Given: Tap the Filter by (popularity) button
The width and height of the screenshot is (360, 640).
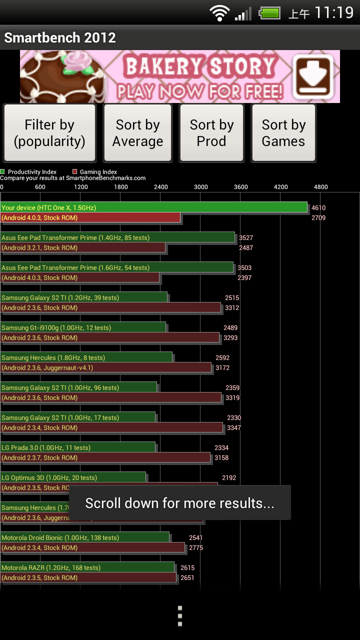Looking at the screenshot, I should click(49, 133).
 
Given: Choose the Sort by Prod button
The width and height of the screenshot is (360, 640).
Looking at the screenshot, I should click(211, 133).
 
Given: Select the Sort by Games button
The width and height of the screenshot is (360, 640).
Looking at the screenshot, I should click(283, 133).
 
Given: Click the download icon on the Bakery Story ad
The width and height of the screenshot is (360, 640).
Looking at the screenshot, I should click(313, 76).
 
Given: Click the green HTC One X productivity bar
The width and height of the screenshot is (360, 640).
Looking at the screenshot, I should click(154, 207).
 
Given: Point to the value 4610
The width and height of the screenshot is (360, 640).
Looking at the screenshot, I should click(318, 207).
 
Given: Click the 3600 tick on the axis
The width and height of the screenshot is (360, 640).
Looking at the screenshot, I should click(240, 187).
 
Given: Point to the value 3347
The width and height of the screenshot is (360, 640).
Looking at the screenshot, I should click(233, 427).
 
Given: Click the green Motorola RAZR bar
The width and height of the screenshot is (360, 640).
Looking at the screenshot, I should click(87, 567).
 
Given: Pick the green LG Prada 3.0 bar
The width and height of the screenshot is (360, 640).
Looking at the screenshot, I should click(78, 447).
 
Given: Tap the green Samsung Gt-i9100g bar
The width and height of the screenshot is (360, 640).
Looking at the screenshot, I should click(83, 327).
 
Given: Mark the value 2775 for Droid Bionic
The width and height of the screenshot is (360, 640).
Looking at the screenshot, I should click(196, 547).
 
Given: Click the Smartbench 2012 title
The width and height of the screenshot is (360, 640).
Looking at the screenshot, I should click(60, 38).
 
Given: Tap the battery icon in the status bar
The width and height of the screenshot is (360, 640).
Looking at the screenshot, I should click(270, 13).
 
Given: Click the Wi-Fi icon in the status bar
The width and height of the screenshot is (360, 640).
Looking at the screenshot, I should click(219, 13).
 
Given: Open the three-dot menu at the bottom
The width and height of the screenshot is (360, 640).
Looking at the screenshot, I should click(180, 616).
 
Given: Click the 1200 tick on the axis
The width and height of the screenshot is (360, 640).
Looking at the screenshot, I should click(81, 187).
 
